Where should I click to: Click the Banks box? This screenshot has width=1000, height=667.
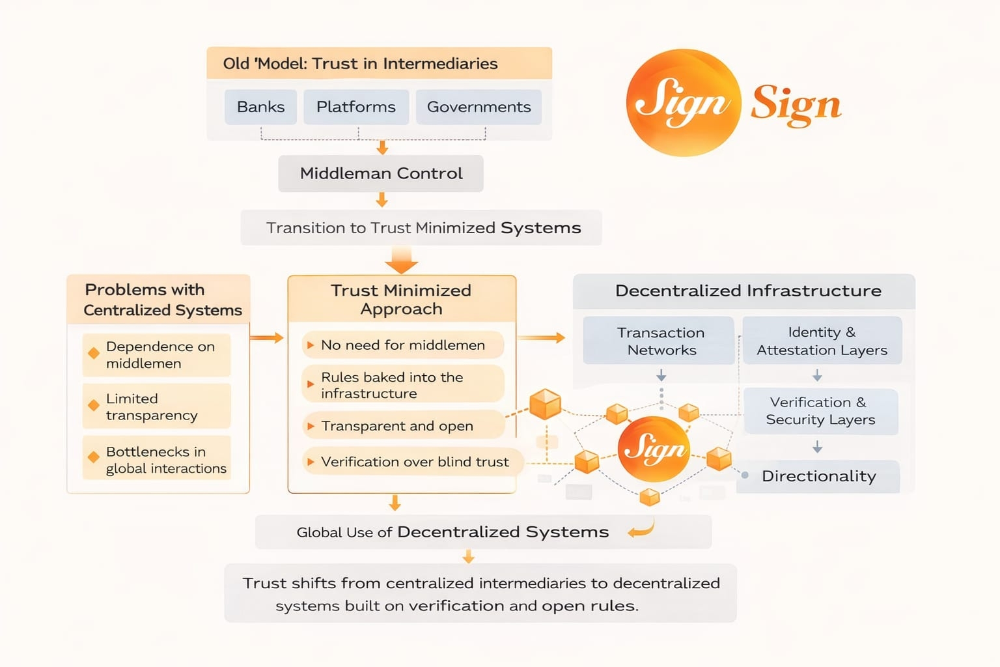pyautogui.click(x=260, y=107)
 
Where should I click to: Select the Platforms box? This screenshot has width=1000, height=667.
pyautogui.click(x=356, y=107)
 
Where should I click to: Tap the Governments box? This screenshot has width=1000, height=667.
pyautogui.click(x=479, y=107)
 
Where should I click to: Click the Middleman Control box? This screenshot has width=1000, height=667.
pyautogui.click(x=381, y=173)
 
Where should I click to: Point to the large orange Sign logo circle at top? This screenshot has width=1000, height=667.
pyautogui.click(x=684, y=103)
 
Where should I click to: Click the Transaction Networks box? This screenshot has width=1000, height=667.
pyautogui.click(x=658, y=341)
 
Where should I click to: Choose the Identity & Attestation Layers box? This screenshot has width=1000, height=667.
pyautogui.click(x=822, y=341)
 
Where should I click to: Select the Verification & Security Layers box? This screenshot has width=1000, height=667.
pyautogui.click(x=820, y=411)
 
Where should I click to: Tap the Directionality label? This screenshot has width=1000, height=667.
pyautogui.click(x=819, y=476)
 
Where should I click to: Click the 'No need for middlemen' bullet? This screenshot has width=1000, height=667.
pyautogui.click(x=403, y=345)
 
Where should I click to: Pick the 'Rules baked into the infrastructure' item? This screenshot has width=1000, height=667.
pyautogui.click(x=403, y=385)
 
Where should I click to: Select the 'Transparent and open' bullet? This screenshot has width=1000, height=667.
pyautogui.click(x=403, y=425)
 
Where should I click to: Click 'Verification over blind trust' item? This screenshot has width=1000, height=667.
pyautogui.click(x=411, y=462)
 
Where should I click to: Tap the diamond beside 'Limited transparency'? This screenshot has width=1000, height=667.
pyautogui.click(x=94, y=405)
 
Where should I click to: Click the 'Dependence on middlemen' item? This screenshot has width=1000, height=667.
pyautogui.click(x=156, y=355)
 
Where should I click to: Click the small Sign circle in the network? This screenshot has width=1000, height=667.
pyautogui.click(x=654, y=449)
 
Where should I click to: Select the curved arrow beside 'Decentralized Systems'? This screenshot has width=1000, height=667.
pyautogui.click(x=642, y=528)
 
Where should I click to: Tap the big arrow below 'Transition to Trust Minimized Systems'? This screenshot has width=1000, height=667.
pyautogui.click(x=401, y=260)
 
